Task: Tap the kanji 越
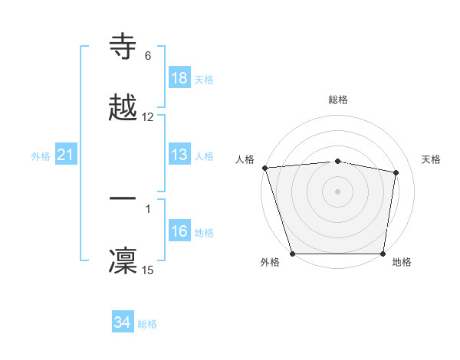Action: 123,106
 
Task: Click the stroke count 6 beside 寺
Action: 148,56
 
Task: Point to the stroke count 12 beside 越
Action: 148,117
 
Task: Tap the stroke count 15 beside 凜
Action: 148,270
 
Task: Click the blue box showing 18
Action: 179,78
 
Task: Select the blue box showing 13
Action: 179,155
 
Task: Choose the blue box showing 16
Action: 179,232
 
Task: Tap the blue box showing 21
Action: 65,155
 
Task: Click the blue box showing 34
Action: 122,322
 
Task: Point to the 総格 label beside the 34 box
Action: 147,324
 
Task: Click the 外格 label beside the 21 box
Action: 41,156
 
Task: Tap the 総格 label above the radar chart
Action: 338,100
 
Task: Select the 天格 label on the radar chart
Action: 432,159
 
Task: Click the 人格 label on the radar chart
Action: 245,159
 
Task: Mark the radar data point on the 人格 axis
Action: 264,168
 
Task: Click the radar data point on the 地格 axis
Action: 383,253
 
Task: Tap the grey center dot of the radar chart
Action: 337,191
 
